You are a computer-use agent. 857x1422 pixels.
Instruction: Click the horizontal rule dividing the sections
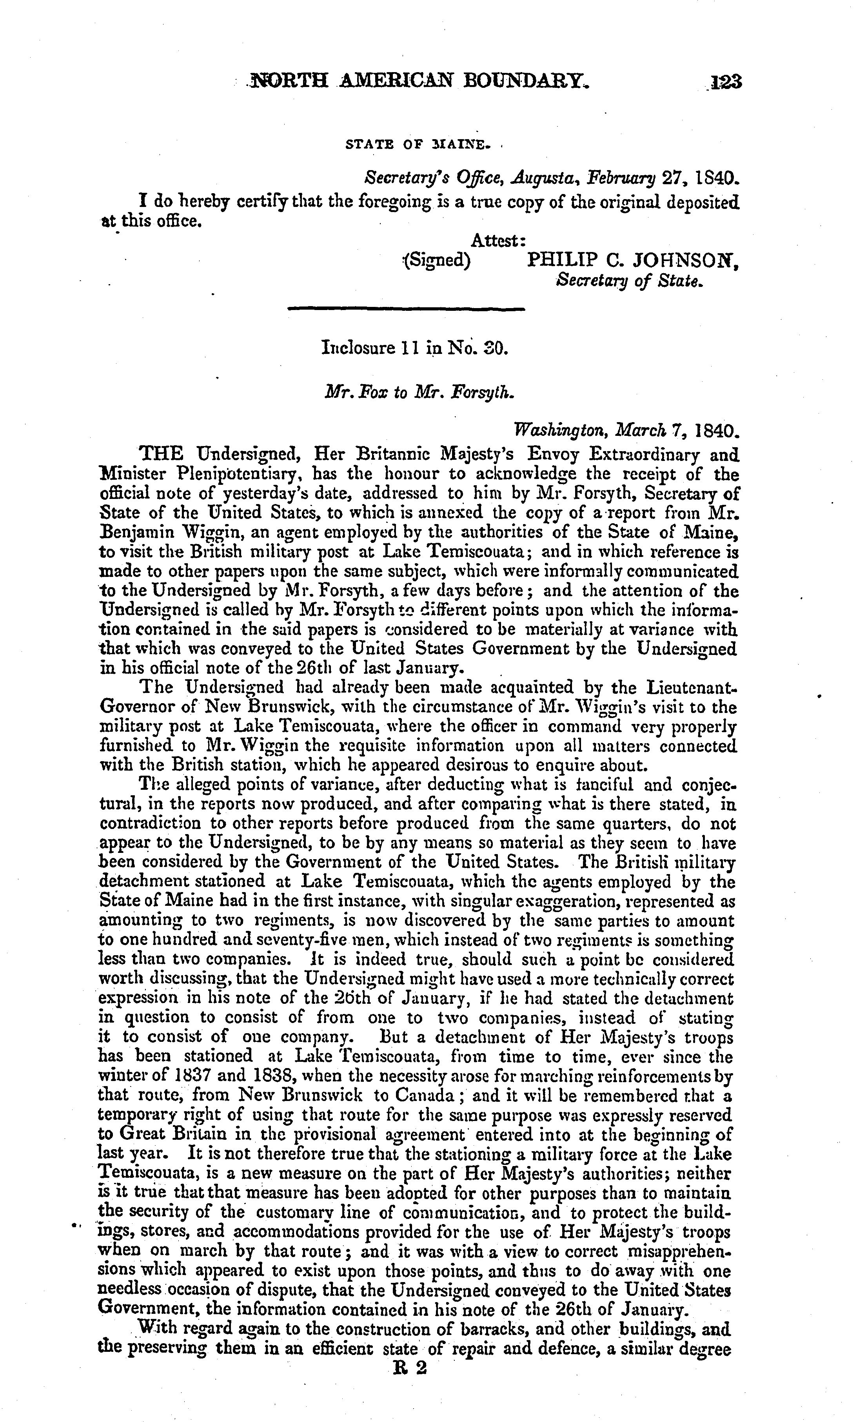pos(406,310)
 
